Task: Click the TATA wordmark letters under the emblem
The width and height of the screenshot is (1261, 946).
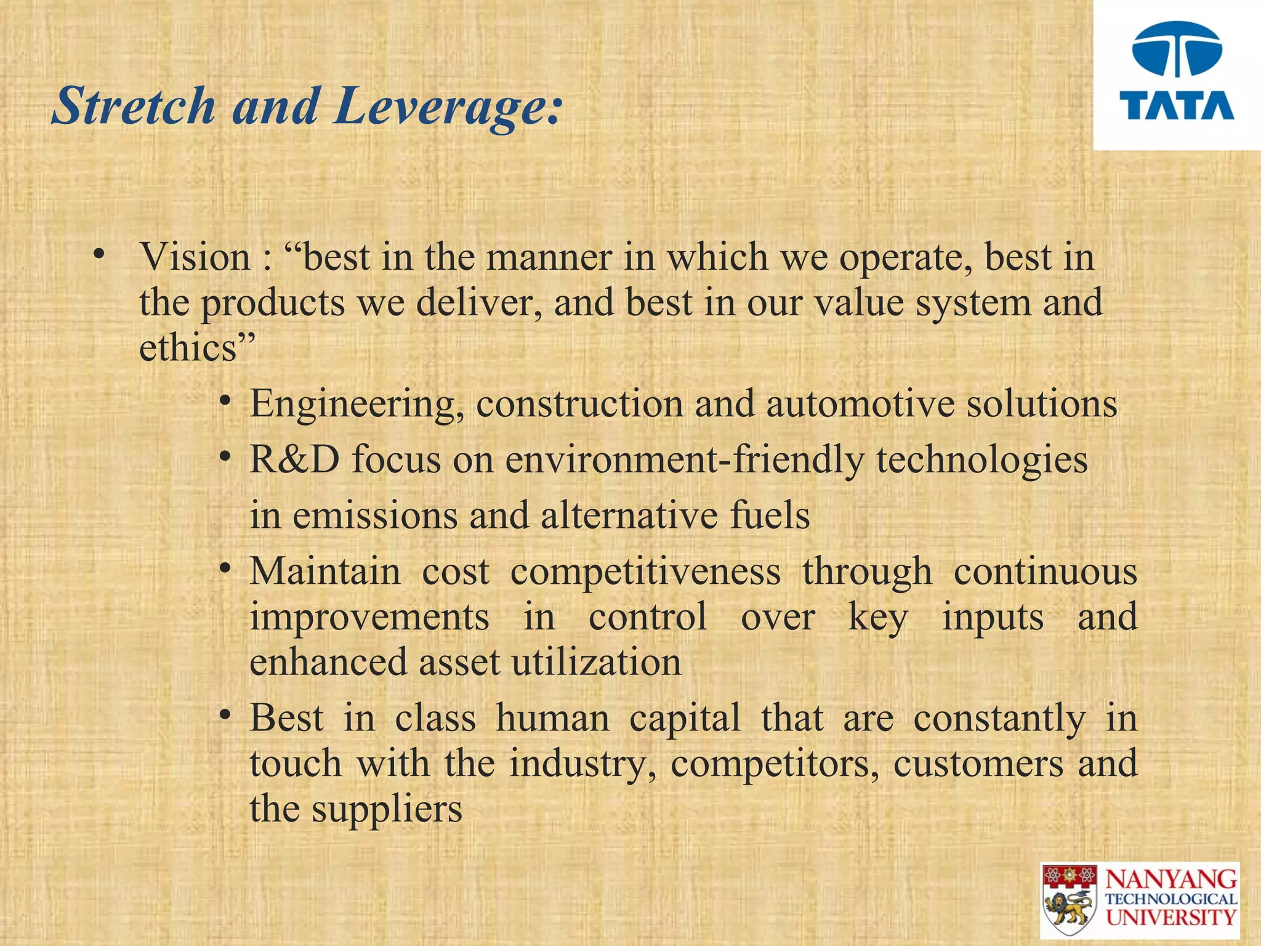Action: pos(1177,106)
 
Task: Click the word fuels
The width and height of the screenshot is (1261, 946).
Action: pos(770,516)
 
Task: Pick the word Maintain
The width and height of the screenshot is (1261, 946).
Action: pos(325,572)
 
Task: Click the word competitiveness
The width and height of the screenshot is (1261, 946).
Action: pos(645,572)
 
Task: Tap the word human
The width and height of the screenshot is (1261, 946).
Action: pos(552,719)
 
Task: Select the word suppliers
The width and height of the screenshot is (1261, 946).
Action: pos(387,809)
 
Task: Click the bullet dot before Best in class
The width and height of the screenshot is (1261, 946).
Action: pos(226,716)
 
